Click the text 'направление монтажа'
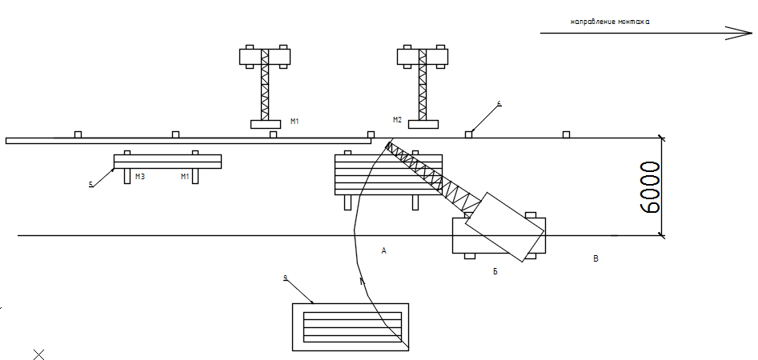pos(610,22)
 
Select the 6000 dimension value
pos(652,186)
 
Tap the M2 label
pos(398,120)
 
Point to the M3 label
pos(139,176)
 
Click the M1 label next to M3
pos(185,176)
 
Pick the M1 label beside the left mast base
pos(295,122)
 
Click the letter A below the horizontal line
pos(384,251)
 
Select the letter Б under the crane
pos(495,272)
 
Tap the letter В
pos(595,258)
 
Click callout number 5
pos(90,185)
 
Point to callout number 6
pos(499,104)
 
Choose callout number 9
pos(285,278)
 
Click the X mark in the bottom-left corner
pos(38,354)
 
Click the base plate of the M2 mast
pos(423,124)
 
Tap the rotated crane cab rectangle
pos(505,226)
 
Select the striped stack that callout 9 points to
pos(350,327)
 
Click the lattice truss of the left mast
pos(266,92)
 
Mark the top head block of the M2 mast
pos(422,57)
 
